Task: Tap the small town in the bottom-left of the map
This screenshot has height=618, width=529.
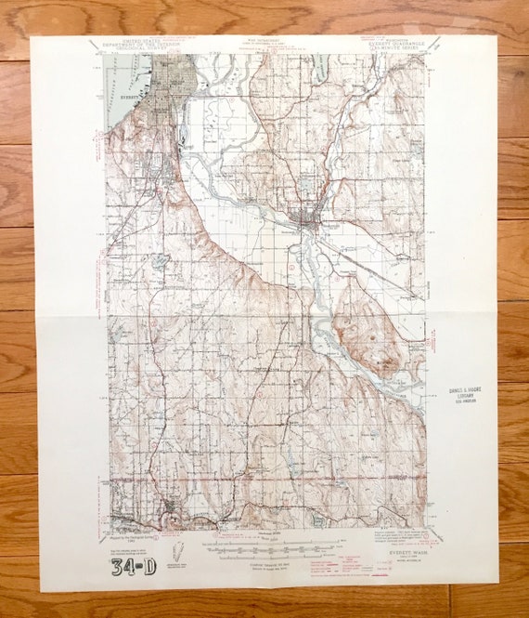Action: (168, 509)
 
